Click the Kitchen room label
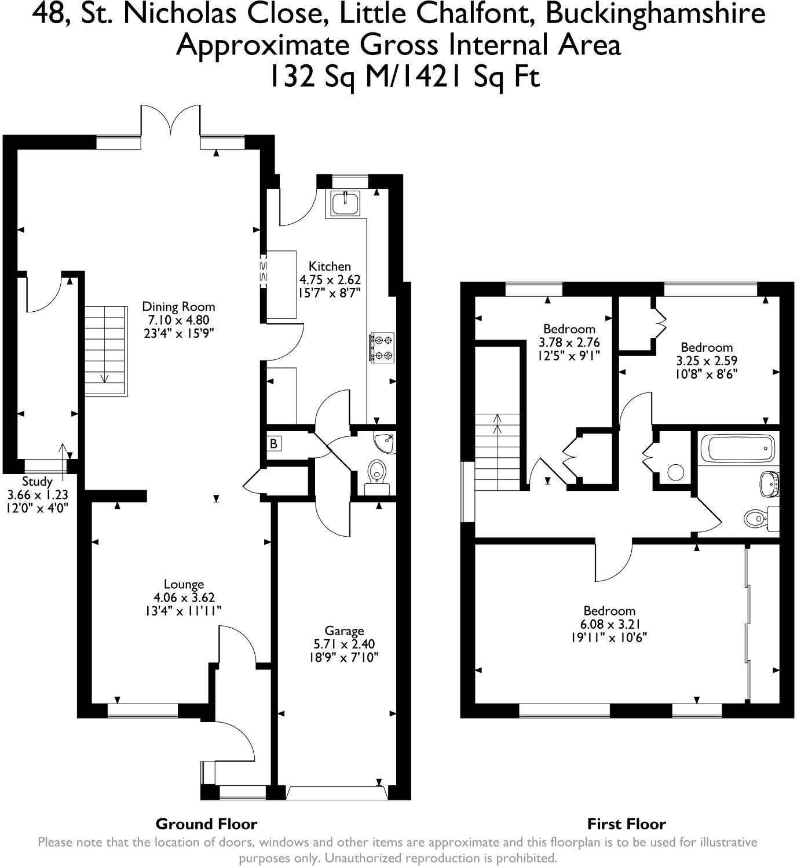pos(330,267)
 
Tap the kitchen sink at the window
pos(346,202)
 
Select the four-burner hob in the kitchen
pos(382,347)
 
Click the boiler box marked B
pos(273,444)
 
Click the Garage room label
pos(344,631)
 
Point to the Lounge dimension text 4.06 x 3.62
pos(184,598)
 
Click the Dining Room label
pos(178,307)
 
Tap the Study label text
pos(37,481)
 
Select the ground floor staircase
pos(105,351)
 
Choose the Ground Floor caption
pos(206,824)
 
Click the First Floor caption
pos(626,824)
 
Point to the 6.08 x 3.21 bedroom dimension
pos(609,624)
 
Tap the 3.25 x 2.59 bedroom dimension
pos(707,360)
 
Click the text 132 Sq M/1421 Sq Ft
pos(404,76)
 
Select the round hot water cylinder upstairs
pos(675,472)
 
